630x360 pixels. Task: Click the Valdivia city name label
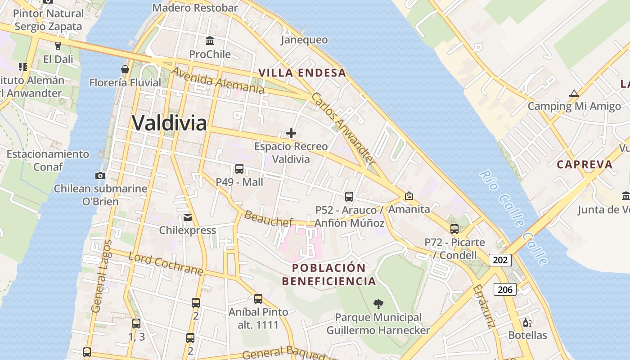point(169,123)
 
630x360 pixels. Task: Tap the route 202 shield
point(500,260)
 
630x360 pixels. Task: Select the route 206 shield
point(505,289)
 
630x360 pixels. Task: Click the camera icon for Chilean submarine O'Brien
point(100,175)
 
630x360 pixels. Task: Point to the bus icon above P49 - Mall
point(239,169)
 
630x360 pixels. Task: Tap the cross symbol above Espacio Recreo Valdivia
point(291,133)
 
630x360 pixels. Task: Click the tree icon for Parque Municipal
point(378,304)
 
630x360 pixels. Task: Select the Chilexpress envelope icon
point(188,217)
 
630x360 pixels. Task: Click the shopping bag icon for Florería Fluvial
point(125,69)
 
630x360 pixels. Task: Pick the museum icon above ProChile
point(209,41)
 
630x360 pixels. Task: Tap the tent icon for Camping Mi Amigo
point(574,94)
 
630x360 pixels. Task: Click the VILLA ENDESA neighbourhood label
point(302,73)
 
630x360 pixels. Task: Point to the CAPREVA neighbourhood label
point(585,164)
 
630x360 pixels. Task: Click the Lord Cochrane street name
point(166,264)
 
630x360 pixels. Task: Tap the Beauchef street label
point(268,218)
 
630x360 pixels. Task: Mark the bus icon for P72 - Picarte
point(454,229)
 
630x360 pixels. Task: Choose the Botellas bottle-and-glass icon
point(527,322)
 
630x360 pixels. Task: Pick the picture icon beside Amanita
point(409,196)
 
